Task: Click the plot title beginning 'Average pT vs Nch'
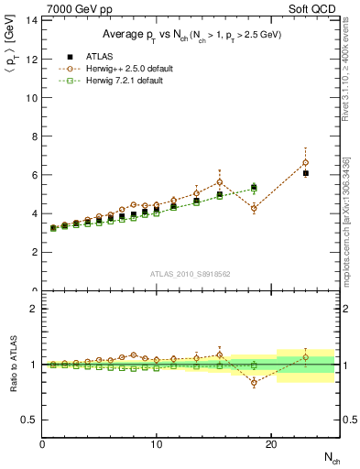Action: click(x=191, y=36)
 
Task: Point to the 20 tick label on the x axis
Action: click(x=270, y=444)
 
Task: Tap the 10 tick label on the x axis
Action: click(x=157, y=444)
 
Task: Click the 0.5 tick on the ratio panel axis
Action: click(x=29, y=420)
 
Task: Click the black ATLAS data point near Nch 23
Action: click(x=305, y=173)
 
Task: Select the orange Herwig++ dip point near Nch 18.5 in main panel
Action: click(x=254, y=208)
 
